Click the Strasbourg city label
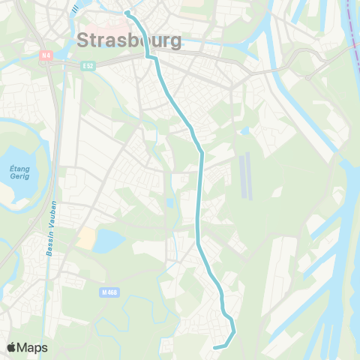(x=129, y=40)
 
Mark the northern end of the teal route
(x=127, y=12)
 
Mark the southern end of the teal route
(x=215, y=347)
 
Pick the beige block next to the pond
(x=86, y=239)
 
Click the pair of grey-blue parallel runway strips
(x=246, y=175)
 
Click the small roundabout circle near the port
(x=307, y=77)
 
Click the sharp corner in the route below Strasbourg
(x=147, y=56)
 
